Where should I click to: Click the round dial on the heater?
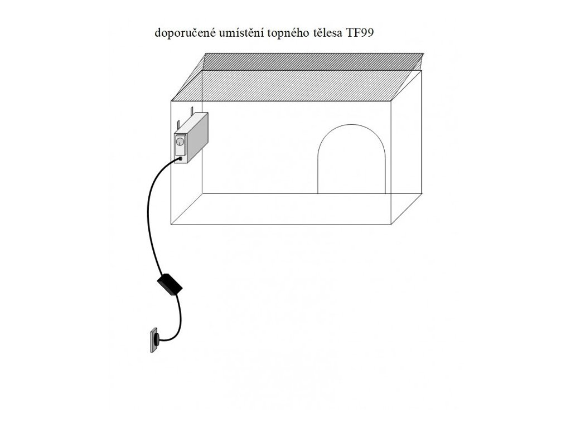pos(181,142)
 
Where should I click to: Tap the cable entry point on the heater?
pos(181,158)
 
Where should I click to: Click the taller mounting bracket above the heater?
pos(192,109)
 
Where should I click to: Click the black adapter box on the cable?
pos(170,285)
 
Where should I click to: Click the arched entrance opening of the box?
pos(351,162)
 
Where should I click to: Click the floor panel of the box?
pos(296,208)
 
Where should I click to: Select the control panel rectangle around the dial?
pos(181,146)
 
